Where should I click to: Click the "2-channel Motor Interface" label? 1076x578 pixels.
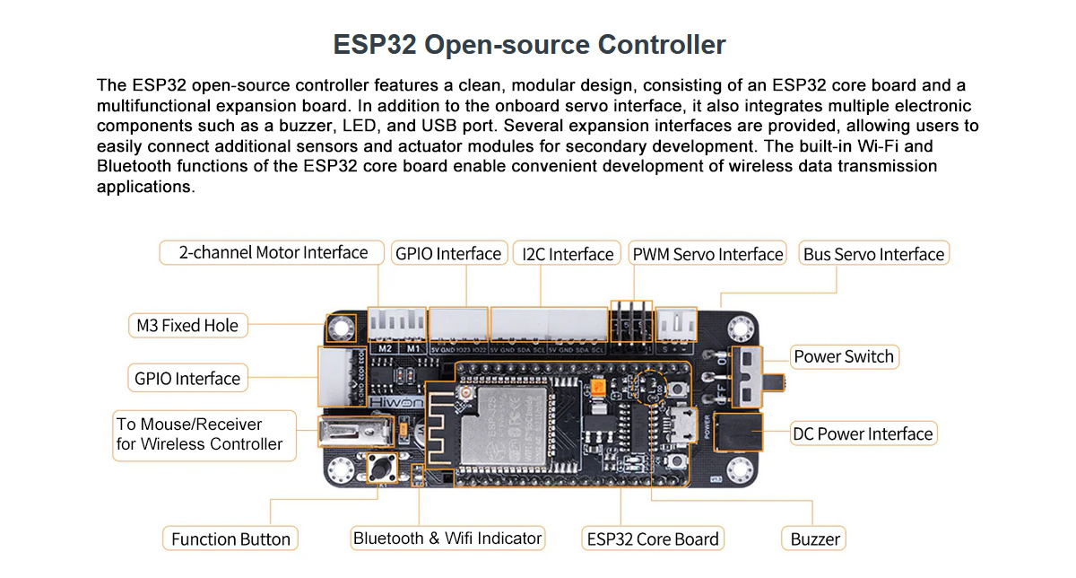[273, 253]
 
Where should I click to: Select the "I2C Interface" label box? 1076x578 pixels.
[568, 254]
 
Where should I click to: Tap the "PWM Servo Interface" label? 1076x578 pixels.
[707, 254]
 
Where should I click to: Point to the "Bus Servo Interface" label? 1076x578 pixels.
[873, 254]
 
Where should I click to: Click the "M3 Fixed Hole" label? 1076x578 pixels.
[187, 326]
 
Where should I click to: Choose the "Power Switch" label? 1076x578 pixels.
[844, 356]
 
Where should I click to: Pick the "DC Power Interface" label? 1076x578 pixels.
[863, 434]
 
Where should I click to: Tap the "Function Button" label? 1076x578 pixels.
[230, 539]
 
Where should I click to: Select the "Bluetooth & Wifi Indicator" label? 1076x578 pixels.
[447, 539]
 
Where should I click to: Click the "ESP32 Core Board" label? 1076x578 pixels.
[653, 539]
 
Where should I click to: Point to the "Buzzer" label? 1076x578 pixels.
[815, 539]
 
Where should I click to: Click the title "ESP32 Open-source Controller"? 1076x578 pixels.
[529, 45]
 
